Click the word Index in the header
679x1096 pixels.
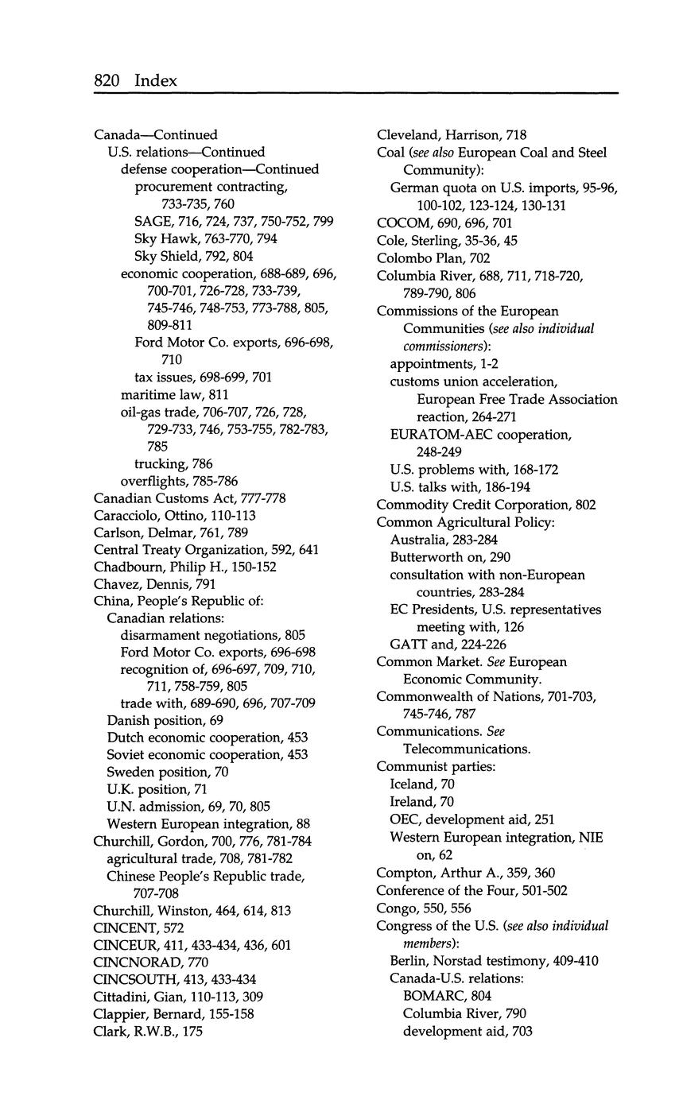point(156,80)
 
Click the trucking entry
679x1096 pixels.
point(173,463)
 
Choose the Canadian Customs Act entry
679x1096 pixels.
point(189,498)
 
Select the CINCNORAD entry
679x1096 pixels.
point(146,962)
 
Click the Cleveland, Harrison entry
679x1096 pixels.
point(451,135)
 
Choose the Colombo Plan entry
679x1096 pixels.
point(433,258)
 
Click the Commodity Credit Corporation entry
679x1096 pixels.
point(486,505)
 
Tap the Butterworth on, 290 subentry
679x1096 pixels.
point(450,557)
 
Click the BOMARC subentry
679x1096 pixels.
point(447,996)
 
